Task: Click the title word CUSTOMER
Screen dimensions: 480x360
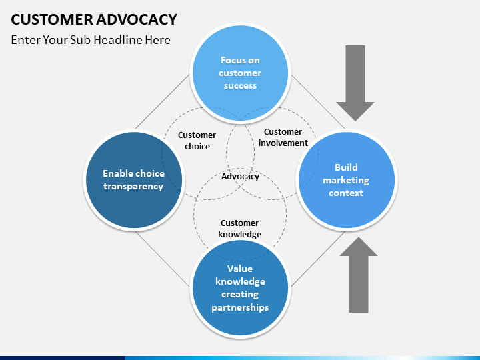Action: [52, 19]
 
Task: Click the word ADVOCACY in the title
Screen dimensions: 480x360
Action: [137, 19]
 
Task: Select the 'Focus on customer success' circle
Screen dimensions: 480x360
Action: [240, 73]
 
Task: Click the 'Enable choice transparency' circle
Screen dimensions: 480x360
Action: [134, 180]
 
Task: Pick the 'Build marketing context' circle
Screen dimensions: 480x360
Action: [347, 180]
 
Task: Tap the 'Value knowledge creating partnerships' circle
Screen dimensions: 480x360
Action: [240, 288]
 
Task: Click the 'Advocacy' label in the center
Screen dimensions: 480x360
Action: [240, 176]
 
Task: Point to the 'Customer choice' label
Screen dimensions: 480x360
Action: [197, 141]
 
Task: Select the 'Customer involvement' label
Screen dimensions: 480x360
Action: [283, 137]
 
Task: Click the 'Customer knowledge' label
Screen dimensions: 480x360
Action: [240, 229]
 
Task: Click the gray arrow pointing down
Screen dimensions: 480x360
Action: [355, 83]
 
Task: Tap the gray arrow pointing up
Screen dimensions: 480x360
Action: [359, 275]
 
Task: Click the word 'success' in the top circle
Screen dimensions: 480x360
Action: [240, 86]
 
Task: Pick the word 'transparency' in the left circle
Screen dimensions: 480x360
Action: [133, 187]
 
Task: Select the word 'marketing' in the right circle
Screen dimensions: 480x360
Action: [346, 180]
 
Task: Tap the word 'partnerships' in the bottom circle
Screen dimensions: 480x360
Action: [240, 307]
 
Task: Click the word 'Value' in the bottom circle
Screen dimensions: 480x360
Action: [240, 269]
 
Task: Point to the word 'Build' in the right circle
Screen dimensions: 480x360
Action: [346, 167]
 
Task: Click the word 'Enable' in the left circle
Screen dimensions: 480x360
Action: [117, 173]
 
